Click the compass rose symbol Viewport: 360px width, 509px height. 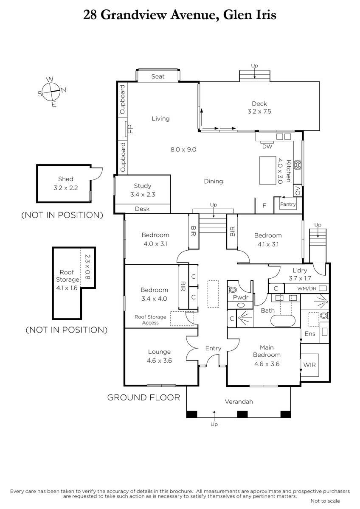coord(52,92)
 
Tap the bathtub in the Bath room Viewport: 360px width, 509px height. coord(283,321)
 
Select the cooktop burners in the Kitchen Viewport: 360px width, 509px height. coord(298,165)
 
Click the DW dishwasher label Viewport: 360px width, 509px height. coord(267,147)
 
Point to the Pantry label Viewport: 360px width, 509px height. coord(288,204)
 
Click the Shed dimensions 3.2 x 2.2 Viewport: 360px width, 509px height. coord(65,188)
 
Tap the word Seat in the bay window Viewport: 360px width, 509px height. coord(158,76)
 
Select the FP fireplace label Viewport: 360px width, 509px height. coord(130,129)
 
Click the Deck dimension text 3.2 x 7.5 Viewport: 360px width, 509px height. coord(259,111)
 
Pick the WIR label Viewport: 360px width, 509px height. coord(309,365)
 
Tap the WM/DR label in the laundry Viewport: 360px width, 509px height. coord(307,289)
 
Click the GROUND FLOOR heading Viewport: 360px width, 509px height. coord(143,398)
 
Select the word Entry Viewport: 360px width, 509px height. coord(213,348)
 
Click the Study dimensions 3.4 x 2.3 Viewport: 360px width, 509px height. coord(143,195)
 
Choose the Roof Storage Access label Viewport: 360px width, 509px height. coord(150,320)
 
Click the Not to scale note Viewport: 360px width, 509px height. coord(325,501)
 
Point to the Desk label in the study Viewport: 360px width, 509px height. coord(142,209)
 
